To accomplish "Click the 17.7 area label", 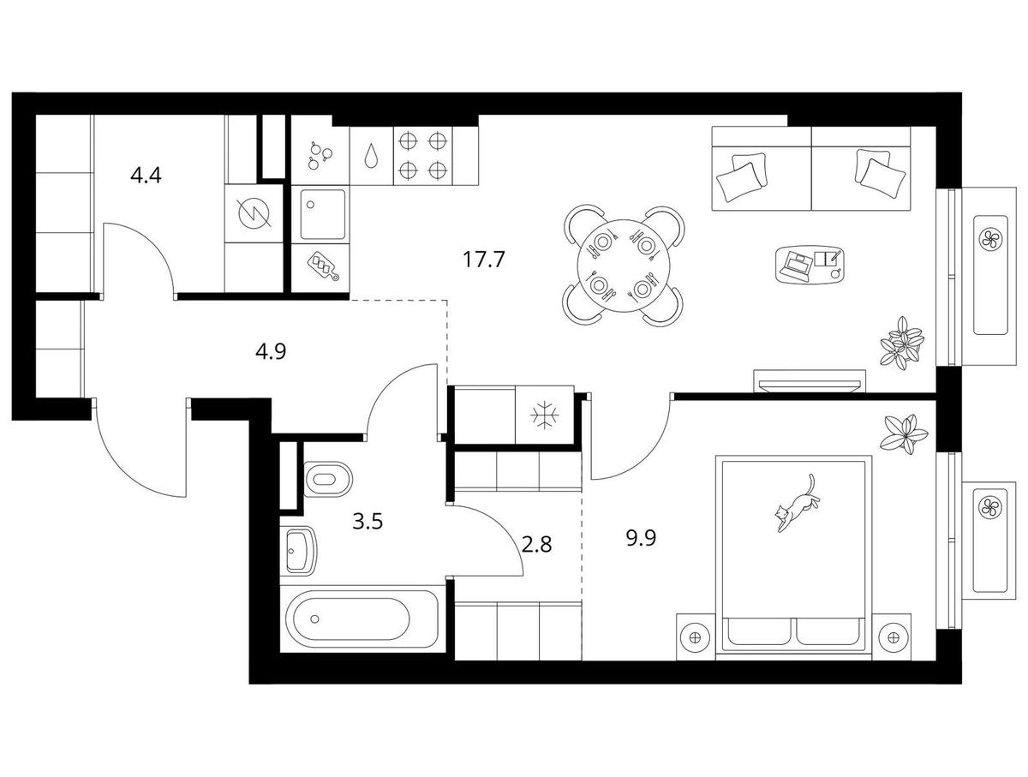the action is pyautogui.click(x=483, y=259).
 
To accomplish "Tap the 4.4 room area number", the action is pyautogui.click(x=146, y=176).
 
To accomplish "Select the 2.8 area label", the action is pyautogui.click(x=536, y=545).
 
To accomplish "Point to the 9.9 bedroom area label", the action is pyautogui.click(x=641, y=538).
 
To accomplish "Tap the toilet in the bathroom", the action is pyautogui.click(x=327, y=479).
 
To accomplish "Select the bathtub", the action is pyautogui.click(x=360, y=619).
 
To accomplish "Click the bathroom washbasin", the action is pyautogui.click(x=301, y=551).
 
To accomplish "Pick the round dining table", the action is pyautogui.click(x=624, y=266).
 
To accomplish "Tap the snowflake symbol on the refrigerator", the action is pyautogui.click(x=544, y=415).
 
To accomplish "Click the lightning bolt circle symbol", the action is pyautogui.click(x=254, y=213).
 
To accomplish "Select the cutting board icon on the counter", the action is pyautogui.click(x=323, y=266).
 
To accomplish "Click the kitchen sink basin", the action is pyautogui.click(x=323, y=213).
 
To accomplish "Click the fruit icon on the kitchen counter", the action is pyautogui.click(x=320, y=156).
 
